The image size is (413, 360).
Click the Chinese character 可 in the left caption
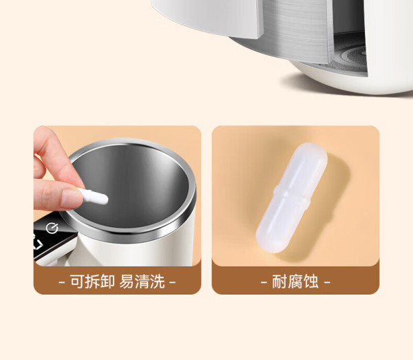coord(77,282)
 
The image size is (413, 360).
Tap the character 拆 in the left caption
coord(92,282)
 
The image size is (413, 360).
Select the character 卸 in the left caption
coord(107,282)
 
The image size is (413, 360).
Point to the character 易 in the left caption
coord(127,282)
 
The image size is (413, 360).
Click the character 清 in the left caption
coord(142,282)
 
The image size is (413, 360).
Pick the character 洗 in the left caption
coord(157,282)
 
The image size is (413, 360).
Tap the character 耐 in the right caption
coord(279,282)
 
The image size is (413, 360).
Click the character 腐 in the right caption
coord(295,282)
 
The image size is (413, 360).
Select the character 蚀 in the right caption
coord(311,282)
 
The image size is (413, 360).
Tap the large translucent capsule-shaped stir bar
coord(292,198)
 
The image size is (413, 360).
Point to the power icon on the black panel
coord(52,228)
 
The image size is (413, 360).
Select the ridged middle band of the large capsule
coord(292,197)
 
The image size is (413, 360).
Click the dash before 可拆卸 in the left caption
coord(62,283)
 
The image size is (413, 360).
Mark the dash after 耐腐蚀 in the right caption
coord(327,283)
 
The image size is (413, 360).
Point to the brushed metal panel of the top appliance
coord(296,29)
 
